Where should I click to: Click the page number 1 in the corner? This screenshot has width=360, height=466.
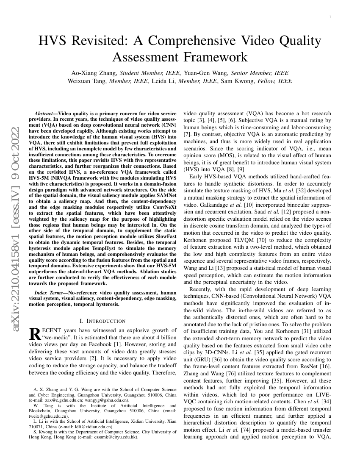click(330, 17)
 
